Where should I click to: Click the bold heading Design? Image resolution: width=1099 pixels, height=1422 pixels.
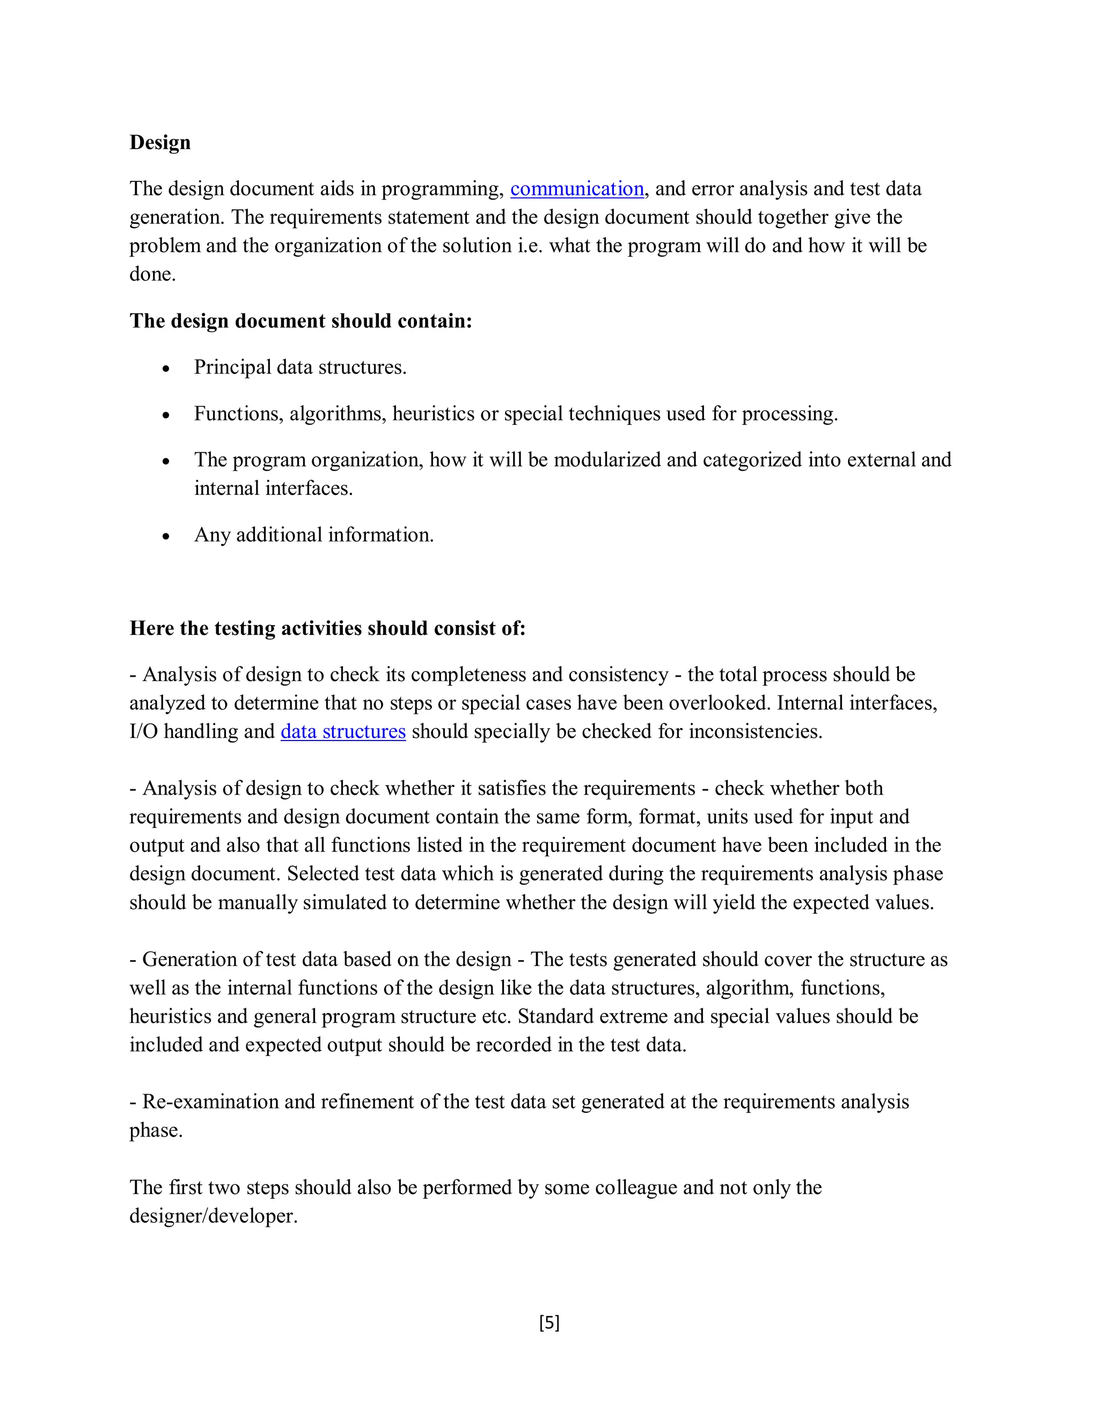[159, 142]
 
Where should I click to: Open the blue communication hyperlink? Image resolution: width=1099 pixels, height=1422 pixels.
[577, 189]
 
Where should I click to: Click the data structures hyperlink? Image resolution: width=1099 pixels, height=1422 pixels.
[343, 731]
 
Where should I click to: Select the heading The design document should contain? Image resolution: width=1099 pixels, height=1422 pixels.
[300, 321]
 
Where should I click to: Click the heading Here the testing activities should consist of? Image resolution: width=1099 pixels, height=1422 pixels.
[327, 628]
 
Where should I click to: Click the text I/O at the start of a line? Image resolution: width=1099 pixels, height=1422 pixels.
[143, 731]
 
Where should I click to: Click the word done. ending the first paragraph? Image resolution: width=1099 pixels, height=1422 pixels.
[152, 274]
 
